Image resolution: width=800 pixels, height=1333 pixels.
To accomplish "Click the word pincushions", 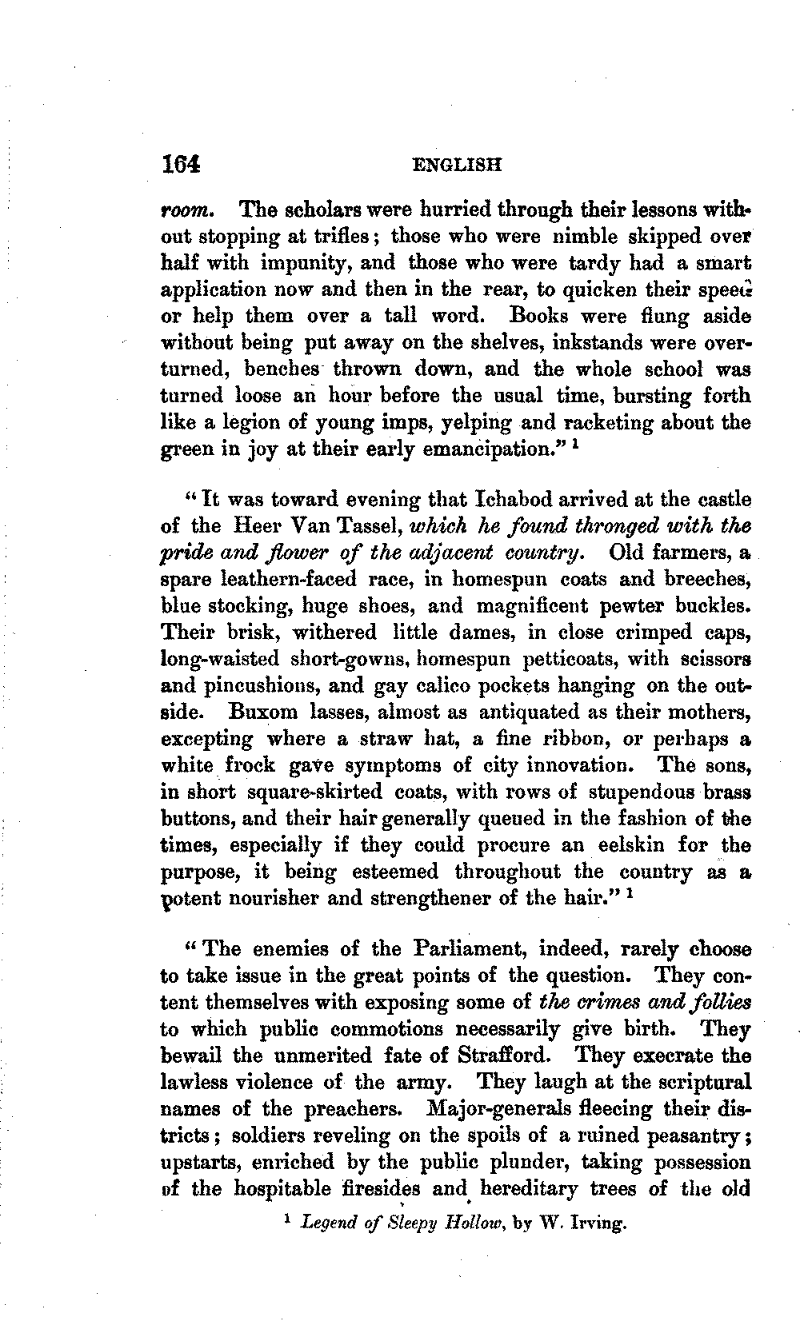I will tap(264, 685).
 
